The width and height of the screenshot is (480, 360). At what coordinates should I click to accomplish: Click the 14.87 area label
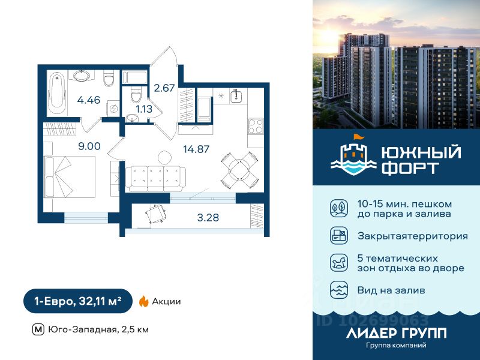click(196, 149)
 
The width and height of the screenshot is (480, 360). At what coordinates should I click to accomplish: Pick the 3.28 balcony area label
click(208, 217)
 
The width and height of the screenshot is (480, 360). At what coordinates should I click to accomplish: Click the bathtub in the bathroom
click(58, 94)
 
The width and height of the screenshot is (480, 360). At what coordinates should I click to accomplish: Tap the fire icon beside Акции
click(143, 301)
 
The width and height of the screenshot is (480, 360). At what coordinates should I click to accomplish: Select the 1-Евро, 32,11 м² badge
click(77, 301)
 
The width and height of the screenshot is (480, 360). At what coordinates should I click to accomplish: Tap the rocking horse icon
click(338, 262)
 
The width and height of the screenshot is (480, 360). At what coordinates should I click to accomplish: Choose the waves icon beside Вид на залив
click(338, 290)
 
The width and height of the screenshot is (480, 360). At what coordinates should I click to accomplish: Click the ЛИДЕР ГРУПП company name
click(396, 333)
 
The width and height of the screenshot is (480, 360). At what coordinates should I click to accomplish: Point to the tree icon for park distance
click(338, 208)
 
